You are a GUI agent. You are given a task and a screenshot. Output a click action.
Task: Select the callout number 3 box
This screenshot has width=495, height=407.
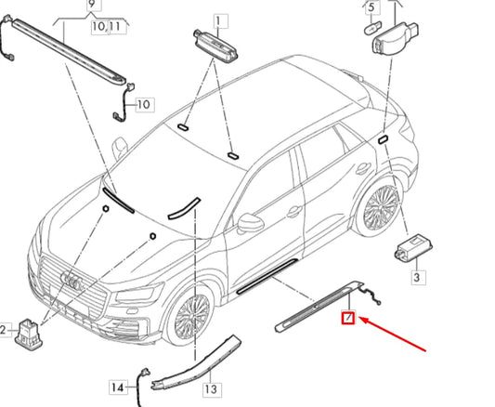click(418, 277)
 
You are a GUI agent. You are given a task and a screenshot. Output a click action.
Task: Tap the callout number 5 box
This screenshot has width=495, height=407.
click(372, 7)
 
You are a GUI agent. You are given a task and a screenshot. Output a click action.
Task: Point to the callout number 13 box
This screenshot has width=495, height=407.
click(211, 389)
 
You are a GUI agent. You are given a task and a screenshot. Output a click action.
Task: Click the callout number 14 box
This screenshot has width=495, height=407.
click(118, 387)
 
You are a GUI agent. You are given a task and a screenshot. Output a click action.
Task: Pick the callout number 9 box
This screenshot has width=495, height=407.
click(93, 5)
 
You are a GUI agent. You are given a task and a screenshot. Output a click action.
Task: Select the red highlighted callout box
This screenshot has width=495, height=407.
click(348, 317)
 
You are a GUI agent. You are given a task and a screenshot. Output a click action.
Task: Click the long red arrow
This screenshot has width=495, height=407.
click(393, 335)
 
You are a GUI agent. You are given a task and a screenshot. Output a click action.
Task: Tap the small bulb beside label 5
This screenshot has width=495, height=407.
click(372, 28)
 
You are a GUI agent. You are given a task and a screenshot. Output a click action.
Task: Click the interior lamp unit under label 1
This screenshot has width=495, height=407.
click(215, 46)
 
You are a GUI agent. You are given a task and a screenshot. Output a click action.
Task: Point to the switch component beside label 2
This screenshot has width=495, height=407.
click(28, 335)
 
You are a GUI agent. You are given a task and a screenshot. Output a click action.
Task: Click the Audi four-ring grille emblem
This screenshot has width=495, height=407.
click(72, 281)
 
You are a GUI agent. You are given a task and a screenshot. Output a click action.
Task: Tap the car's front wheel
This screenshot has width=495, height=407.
click(191, 315)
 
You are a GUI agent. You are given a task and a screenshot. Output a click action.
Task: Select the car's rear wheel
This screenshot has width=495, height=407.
click(380, 209)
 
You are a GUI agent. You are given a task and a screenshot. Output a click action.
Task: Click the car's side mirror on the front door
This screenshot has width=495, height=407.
click(250, 223)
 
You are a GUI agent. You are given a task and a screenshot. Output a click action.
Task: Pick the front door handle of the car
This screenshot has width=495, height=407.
click(294, 211)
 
